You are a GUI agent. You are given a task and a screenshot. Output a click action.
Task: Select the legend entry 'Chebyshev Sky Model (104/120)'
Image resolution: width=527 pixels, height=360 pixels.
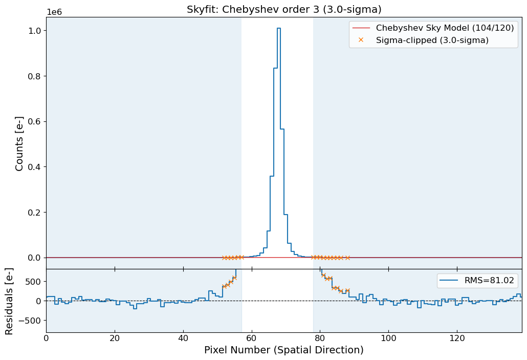pos(445,28)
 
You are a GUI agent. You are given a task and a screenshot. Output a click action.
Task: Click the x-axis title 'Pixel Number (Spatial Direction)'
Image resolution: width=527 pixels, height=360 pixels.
pos(284,350)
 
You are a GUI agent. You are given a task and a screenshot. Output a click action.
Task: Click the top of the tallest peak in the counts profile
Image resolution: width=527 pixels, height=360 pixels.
pos(279,28)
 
